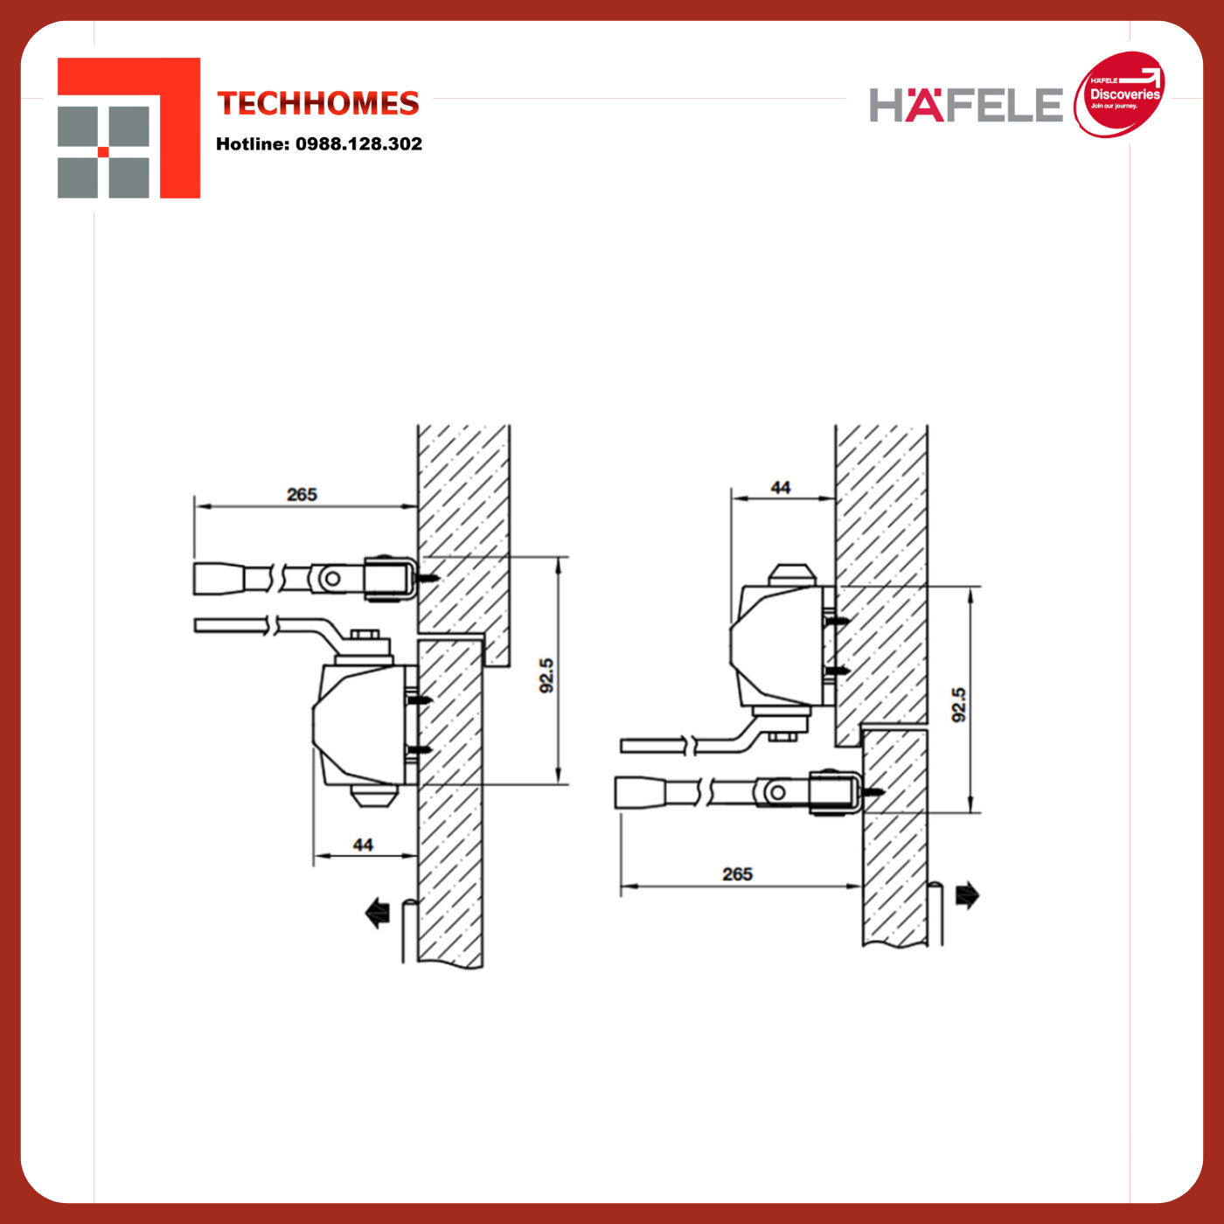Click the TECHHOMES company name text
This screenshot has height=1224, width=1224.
pyautogui.click(x=317, y=103)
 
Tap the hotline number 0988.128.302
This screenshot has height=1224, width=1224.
pyautogui.click(x=358, y=144)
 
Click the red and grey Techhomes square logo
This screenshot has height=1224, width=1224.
pyautogui.click(x=129, y=128)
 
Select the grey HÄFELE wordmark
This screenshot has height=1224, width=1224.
pyautogui.click(x=965, y=105)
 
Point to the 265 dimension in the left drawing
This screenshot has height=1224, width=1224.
pyautogui.click(x=302, y=494)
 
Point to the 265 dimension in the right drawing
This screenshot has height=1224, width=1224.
pyautogui.click(x=737, y=874)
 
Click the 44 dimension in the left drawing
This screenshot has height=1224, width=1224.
pyautogui.click(x=363, y=845)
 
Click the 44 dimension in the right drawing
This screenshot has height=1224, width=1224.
pyautogui.click(x=780, y=487)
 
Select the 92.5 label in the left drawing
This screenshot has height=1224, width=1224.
pyautogui.click(x=546, y=675)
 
